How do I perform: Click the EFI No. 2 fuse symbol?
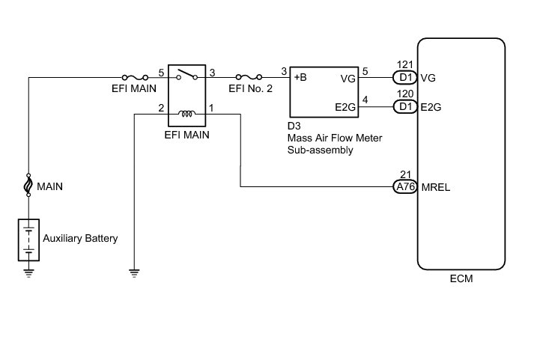pyautogui.click(x=249, y=77)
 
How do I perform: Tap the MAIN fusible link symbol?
pyautogui.click(x=28, y=185)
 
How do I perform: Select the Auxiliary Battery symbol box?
pyautogui.click(x=28, y=240)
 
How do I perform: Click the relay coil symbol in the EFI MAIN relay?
pyautogui.click(x=187, y=113)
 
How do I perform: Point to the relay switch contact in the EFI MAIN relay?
pyautogui.click(x=187, y=74)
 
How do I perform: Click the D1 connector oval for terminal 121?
pyautogui.click(x=405, y=78)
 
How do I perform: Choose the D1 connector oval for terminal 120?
pyautogui.click(x=405, y=107)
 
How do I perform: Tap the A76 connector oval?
pyautogui.click(x=405, y=187)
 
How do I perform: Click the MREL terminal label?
pyautogui.click(x=436, y=187)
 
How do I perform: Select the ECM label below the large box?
pyautogui.click(x=461, y=278)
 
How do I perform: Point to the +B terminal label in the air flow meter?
pyautogui.click(x=300, y=77)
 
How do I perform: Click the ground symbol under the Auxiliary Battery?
pyautogui.click(x=28, y=273)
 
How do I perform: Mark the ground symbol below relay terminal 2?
pyautogui.click(x=134, y=273)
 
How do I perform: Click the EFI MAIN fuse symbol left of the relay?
pyautogui.click(x=135, y=77)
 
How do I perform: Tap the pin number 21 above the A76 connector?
pyautogui.click(x=405, y=174)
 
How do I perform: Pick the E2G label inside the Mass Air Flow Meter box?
pyautogui.click(x=345, y=107)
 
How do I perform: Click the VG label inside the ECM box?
pyautogui.click(x=428, y=78)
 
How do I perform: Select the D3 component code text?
pyautogui.click(x=294, y=126)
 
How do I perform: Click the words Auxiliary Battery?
pyautogui.click(x=80, y=238)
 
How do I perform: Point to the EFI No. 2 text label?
pyautogui.click(x=250, y=88)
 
